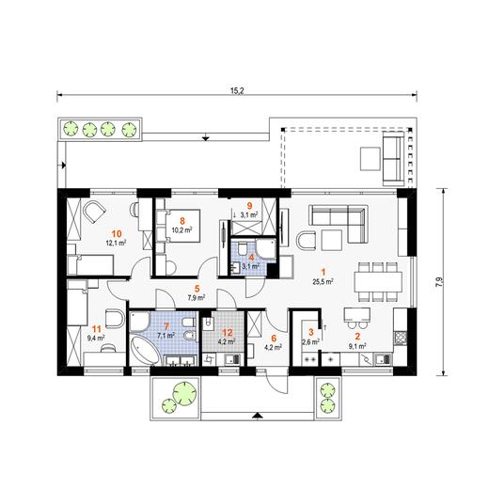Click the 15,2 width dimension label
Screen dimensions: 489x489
(237, 91)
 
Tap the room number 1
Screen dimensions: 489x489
(323, 272)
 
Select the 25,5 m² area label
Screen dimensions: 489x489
(323, 282)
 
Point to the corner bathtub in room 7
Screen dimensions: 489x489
(146, 350)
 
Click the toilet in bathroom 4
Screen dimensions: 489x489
(242, 249)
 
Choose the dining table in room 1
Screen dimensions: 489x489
(378, 281)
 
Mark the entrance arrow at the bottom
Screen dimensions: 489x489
(257, 416)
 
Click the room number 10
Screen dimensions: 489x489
(117, 233)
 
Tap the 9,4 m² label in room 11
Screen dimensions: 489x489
(96, 338)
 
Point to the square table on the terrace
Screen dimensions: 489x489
(371, 159)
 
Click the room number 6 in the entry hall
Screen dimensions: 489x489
(274, 338)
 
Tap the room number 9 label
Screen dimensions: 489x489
(249, 206)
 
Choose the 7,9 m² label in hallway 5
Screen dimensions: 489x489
(197, 298)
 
